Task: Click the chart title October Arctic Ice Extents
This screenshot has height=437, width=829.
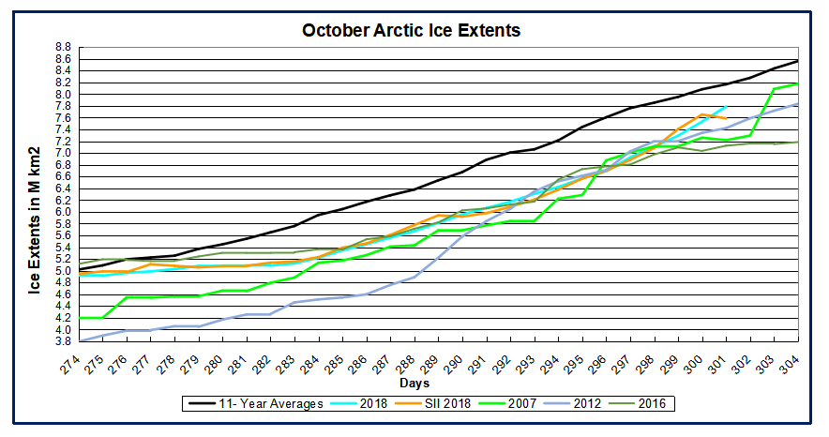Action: coord(411,30)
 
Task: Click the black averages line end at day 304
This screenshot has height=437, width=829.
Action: coord(798,61)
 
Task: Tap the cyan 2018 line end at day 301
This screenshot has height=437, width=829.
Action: coord(727,106)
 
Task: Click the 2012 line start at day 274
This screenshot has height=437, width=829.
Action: coord(81,340)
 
